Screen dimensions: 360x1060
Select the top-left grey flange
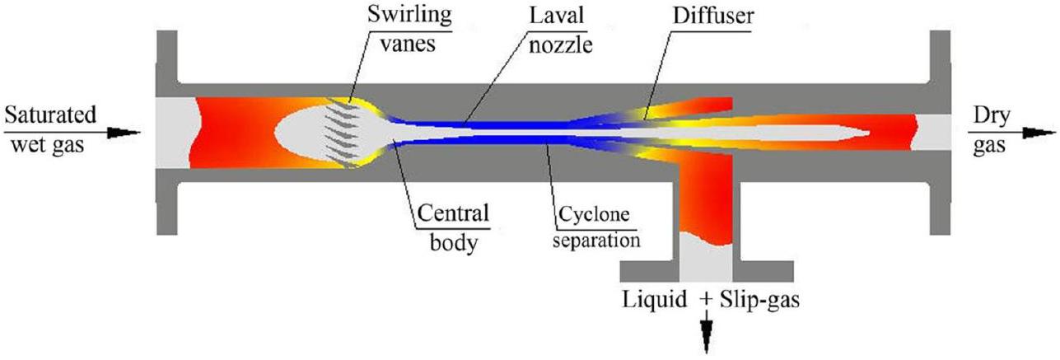pos(166,62)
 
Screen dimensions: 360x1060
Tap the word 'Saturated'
pos(49,113)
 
